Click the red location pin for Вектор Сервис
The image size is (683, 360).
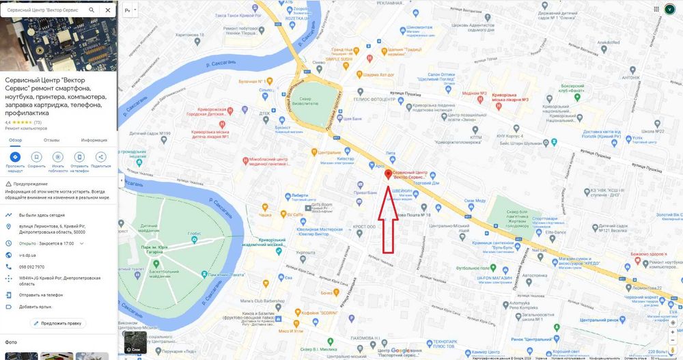tap(388, 174)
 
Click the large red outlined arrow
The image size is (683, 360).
tap(388, 219)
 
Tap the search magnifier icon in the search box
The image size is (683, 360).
tap(92, 10)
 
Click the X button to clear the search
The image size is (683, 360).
tap(108, 10)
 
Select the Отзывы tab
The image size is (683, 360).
tap(52, 140)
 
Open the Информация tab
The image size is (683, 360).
tap(94, 140)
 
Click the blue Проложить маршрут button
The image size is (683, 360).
tap(15, 157)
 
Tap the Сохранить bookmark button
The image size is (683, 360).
tap(36, 157)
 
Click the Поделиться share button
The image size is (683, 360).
tap(100, 157)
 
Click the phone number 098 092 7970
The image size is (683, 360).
tap(32, 266)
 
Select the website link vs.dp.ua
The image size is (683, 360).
tap(27, 255)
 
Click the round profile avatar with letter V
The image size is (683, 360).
tap(670, 9)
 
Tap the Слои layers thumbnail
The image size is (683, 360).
tap(135, 343)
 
